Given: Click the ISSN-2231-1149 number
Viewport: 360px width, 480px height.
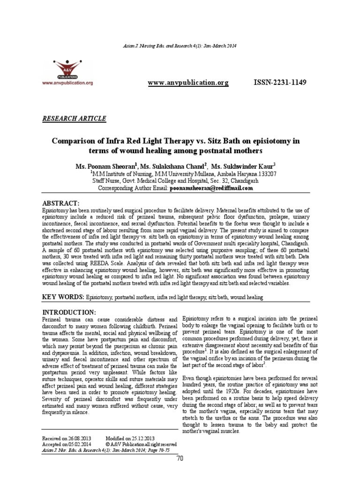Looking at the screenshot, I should [279, 83].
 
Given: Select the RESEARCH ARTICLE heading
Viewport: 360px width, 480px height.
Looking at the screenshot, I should [74, 118].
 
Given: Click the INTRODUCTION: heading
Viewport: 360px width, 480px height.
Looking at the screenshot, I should [69, 312].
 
